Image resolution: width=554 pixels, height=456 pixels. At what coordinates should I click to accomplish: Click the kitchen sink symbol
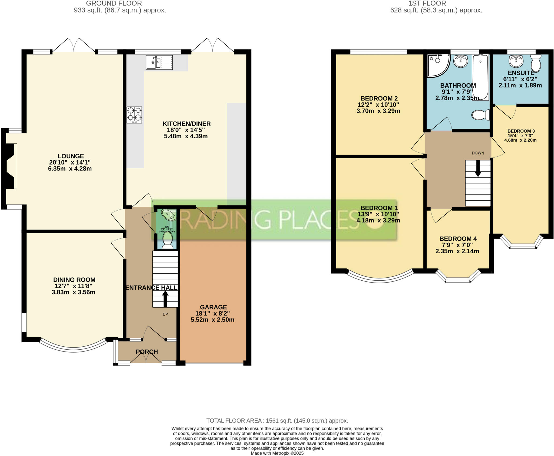click(x=159, y=63)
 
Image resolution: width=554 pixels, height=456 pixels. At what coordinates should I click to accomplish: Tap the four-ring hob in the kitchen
click(x=134, y=115)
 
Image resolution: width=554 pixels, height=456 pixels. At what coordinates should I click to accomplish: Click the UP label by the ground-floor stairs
click(x=165, y=314)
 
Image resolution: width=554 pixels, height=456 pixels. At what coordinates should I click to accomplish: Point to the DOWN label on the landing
click(x=478, y=153)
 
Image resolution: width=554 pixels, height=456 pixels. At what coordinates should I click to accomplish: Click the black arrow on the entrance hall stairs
click(x=165, y=298)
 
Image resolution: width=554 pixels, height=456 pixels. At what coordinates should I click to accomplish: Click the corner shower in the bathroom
click(x=437, y=65)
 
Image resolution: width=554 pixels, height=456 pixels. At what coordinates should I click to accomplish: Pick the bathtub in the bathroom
click(x=480, y=77)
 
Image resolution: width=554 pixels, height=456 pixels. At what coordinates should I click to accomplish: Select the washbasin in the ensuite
click(x=516, y=61)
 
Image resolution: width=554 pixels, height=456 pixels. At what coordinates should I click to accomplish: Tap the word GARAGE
click(x=213, y=307)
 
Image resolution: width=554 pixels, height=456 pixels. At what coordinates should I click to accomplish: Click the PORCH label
click(x=147, y=352)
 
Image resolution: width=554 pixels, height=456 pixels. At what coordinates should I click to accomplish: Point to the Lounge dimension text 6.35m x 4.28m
click(x=70, y=169)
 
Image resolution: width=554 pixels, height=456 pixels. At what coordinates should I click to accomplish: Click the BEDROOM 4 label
click(x=458, y=239)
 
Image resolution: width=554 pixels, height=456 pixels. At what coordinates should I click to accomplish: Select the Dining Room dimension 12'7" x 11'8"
click(x=74, y=286)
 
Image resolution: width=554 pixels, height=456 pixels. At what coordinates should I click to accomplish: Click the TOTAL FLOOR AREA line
click(x=277, y=421)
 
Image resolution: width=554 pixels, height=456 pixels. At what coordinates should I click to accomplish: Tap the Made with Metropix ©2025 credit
click(x=277, y=453)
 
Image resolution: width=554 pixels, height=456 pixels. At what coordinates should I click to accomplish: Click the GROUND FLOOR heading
click(x=114, y=4)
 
